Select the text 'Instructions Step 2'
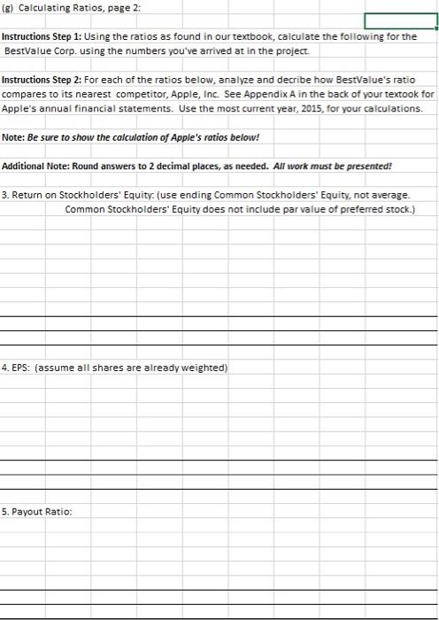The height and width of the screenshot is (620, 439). pyautogui.click(x=39, y=80)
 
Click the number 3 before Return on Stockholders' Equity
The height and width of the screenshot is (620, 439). pyautogui.click(x=6, y=196)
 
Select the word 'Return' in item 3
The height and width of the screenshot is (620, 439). pyautogui.click(x=30, y=196)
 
